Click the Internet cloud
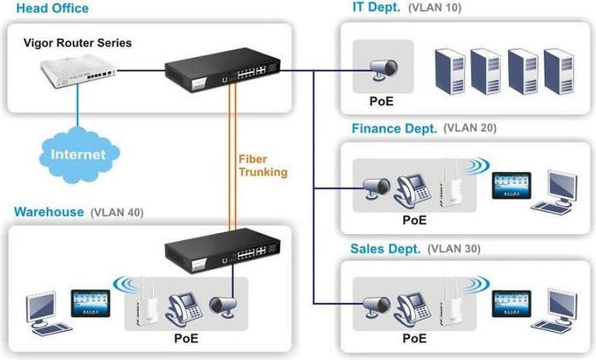click(x=79, y=153)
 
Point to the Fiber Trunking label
click(x=262, y=166)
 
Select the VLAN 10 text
click(x=440, y=8)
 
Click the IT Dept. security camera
click(x=382, y=70)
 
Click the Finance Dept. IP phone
click(x=411, y=190)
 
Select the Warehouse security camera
click(x=223, y=307)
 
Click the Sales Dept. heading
click(x=385, y=248)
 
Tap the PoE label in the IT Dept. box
click(x=381, y=103)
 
